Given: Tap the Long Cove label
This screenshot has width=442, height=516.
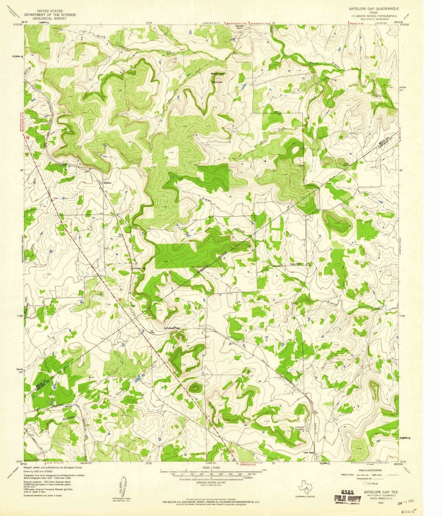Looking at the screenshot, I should (295, 264).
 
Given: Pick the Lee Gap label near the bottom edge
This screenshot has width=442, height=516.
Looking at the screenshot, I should (308, 452).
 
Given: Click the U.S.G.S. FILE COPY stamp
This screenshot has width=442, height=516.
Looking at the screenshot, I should (347, 497).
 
